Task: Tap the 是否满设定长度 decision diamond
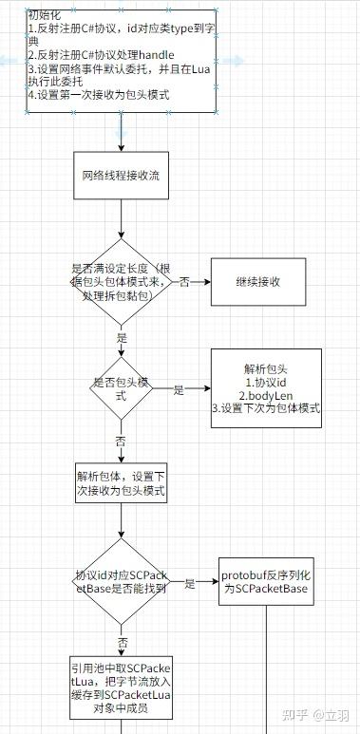[121, 282]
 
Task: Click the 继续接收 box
[258, 282]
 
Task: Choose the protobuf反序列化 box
[265, 582]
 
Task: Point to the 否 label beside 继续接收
[184, 282]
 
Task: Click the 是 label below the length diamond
[121, 337]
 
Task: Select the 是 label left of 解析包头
[178, 389]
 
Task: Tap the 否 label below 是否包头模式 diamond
[121, 442]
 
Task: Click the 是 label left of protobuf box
[190, 583]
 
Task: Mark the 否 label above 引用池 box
[122, 642]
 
